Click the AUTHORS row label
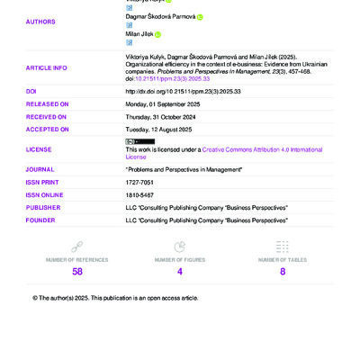pos(40,22)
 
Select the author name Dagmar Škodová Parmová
pos(160,16)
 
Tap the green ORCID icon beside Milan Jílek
pos(158,34)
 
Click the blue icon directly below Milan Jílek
pos(129,42)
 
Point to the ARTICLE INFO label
pos(46,67)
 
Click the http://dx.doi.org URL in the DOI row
pos(170,91)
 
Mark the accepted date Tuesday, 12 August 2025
pos(164,129)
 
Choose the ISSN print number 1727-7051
pos(139,182)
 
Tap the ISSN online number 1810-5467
pos(139,194)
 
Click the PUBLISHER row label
pos(43,207)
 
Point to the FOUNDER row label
pos(40,220)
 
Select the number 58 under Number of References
pos(77,271)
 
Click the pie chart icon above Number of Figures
pos(179,247)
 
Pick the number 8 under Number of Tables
pos(283,271)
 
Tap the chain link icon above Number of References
pos(77,247)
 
